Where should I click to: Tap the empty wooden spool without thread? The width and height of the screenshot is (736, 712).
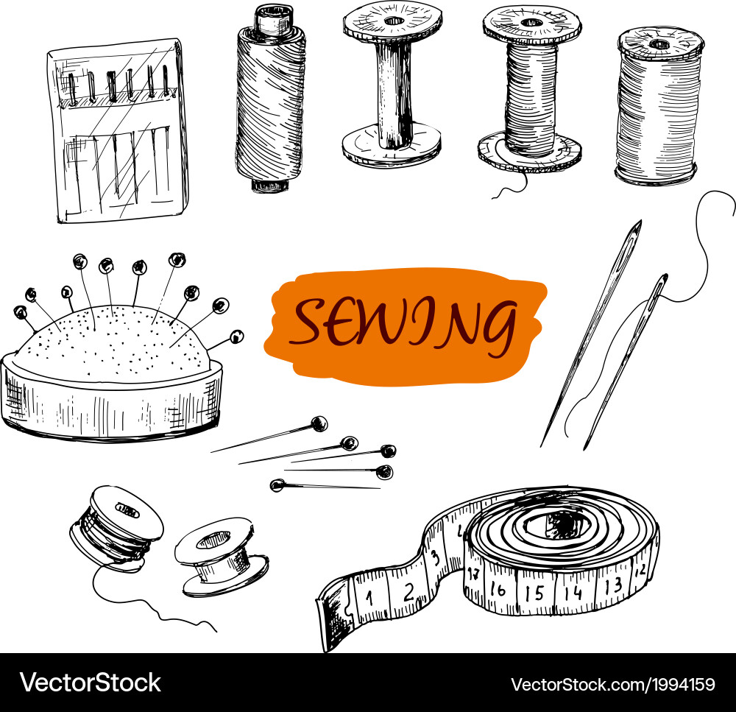(392, 85)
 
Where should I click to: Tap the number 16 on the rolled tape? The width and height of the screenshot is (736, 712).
(498, 589)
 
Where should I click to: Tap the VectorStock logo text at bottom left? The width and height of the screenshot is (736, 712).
(91, 682)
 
